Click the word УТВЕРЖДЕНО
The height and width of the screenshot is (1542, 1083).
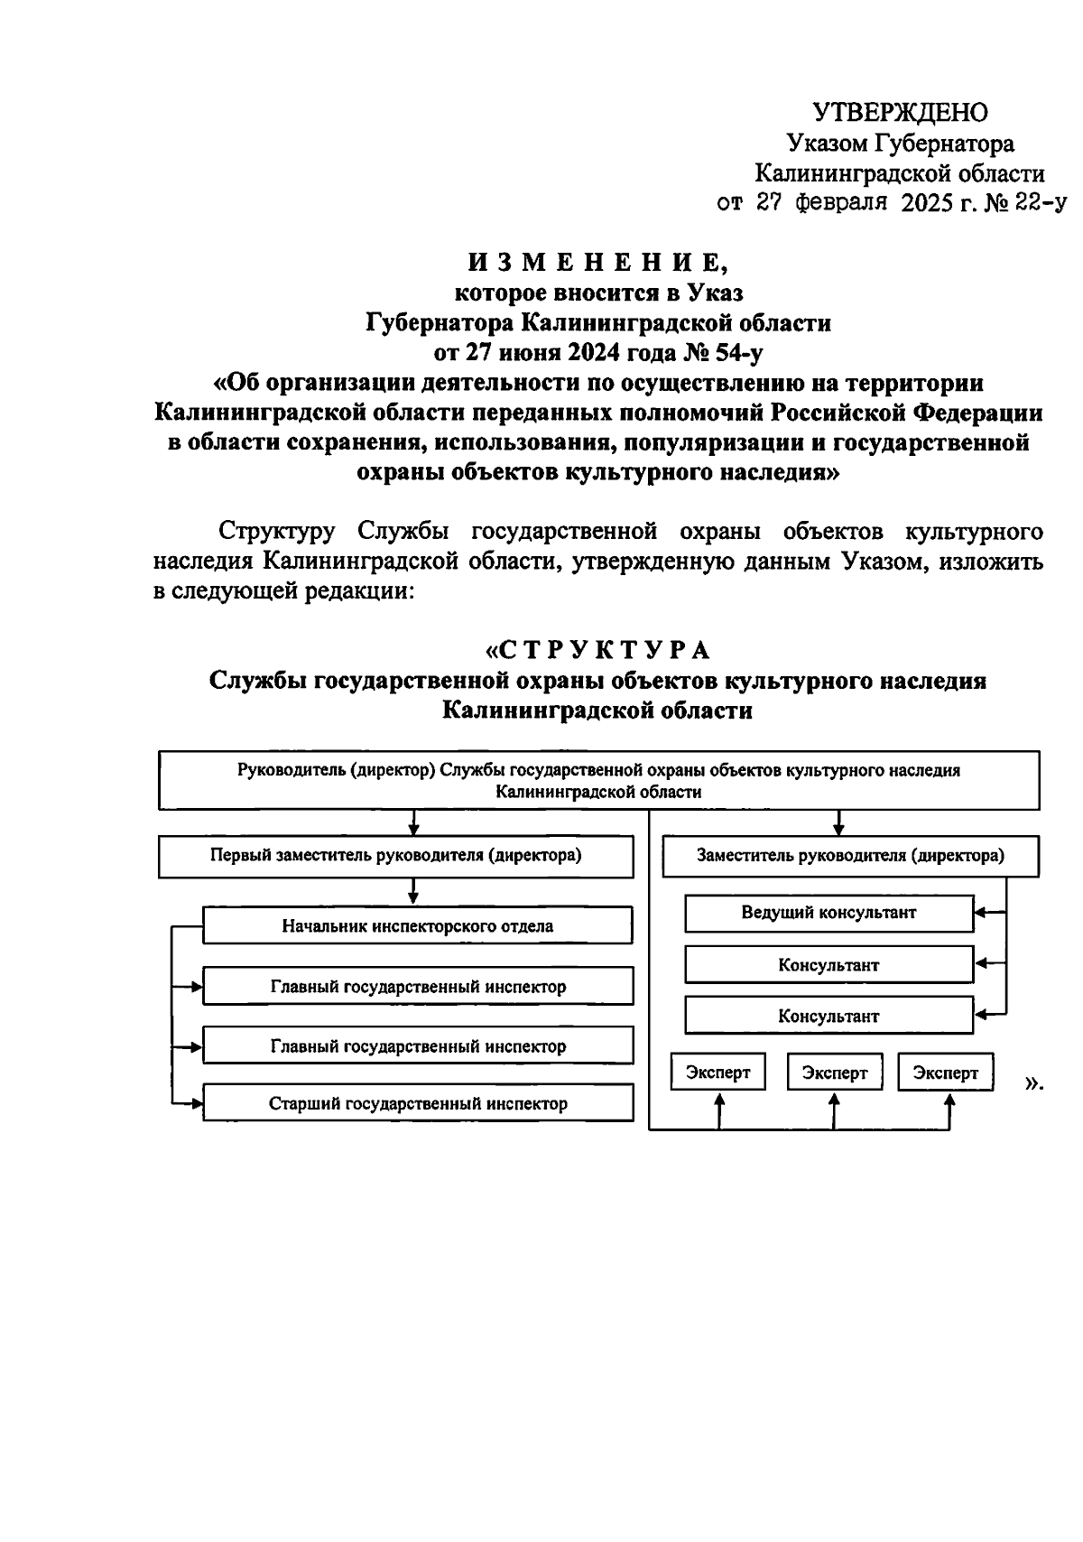(900, 112)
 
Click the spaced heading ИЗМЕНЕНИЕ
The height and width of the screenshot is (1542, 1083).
(597, 263)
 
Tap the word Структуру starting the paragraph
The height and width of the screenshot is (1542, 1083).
(277, 531)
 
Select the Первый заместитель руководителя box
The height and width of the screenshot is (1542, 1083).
(395, 856)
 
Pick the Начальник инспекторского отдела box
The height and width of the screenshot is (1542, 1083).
(417, 926)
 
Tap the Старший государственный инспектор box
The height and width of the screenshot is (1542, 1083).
(417, 1103)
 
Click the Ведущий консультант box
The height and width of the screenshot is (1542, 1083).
(828, 913)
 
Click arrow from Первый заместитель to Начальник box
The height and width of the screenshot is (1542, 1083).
(413, 892)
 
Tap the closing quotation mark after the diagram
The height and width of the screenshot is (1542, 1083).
(1033, 1082)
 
